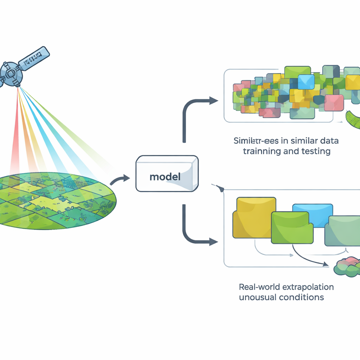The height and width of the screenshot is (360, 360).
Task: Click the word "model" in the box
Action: coord(165,176)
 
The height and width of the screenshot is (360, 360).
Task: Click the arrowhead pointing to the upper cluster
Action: coord(214,101)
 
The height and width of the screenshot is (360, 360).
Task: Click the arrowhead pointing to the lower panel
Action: coord(213,242)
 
